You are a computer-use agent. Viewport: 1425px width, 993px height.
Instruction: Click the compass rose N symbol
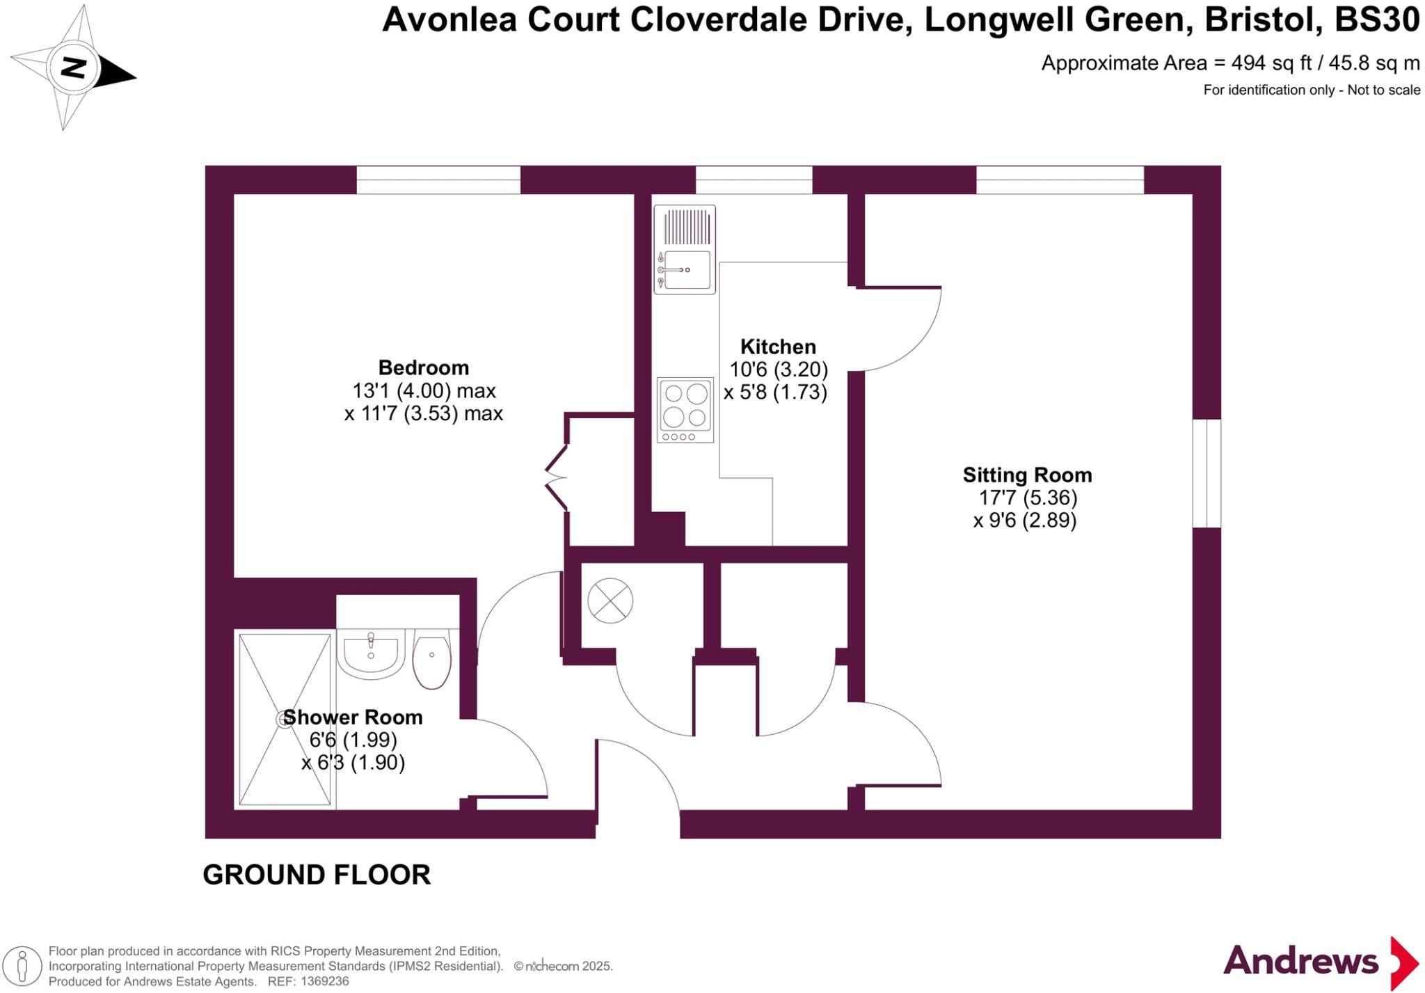(74, 68)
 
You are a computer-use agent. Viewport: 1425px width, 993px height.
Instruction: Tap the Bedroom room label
(423, 367)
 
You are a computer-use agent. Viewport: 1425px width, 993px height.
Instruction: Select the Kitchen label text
(777, 347)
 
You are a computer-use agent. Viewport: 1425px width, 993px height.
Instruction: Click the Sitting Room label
(1027, 475)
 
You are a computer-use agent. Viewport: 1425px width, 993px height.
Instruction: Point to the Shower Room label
(353, 717)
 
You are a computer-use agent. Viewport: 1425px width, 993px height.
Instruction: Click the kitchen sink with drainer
(685, 249)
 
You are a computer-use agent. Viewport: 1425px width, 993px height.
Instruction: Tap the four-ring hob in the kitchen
(685, 410)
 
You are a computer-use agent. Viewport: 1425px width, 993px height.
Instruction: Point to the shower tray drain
(284, 719)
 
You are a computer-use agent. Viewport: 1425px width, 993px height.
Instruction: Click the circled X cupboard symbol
(610, 601)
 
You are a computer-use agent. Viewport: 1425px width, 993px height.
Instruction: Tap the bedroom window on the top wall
(438, 180)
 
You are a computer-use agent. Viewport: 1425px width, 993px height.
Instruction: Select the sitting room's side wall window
(1207, 473)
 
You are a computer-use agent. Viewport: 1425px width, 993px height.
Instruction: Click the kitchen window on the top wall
(754, 180)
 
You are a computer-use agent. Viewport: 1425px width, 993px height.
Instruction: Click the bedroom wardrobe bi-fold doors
(557, 478)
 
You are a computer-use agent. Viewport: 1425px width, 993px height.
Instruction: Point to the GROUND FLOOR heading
(317, 875)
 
